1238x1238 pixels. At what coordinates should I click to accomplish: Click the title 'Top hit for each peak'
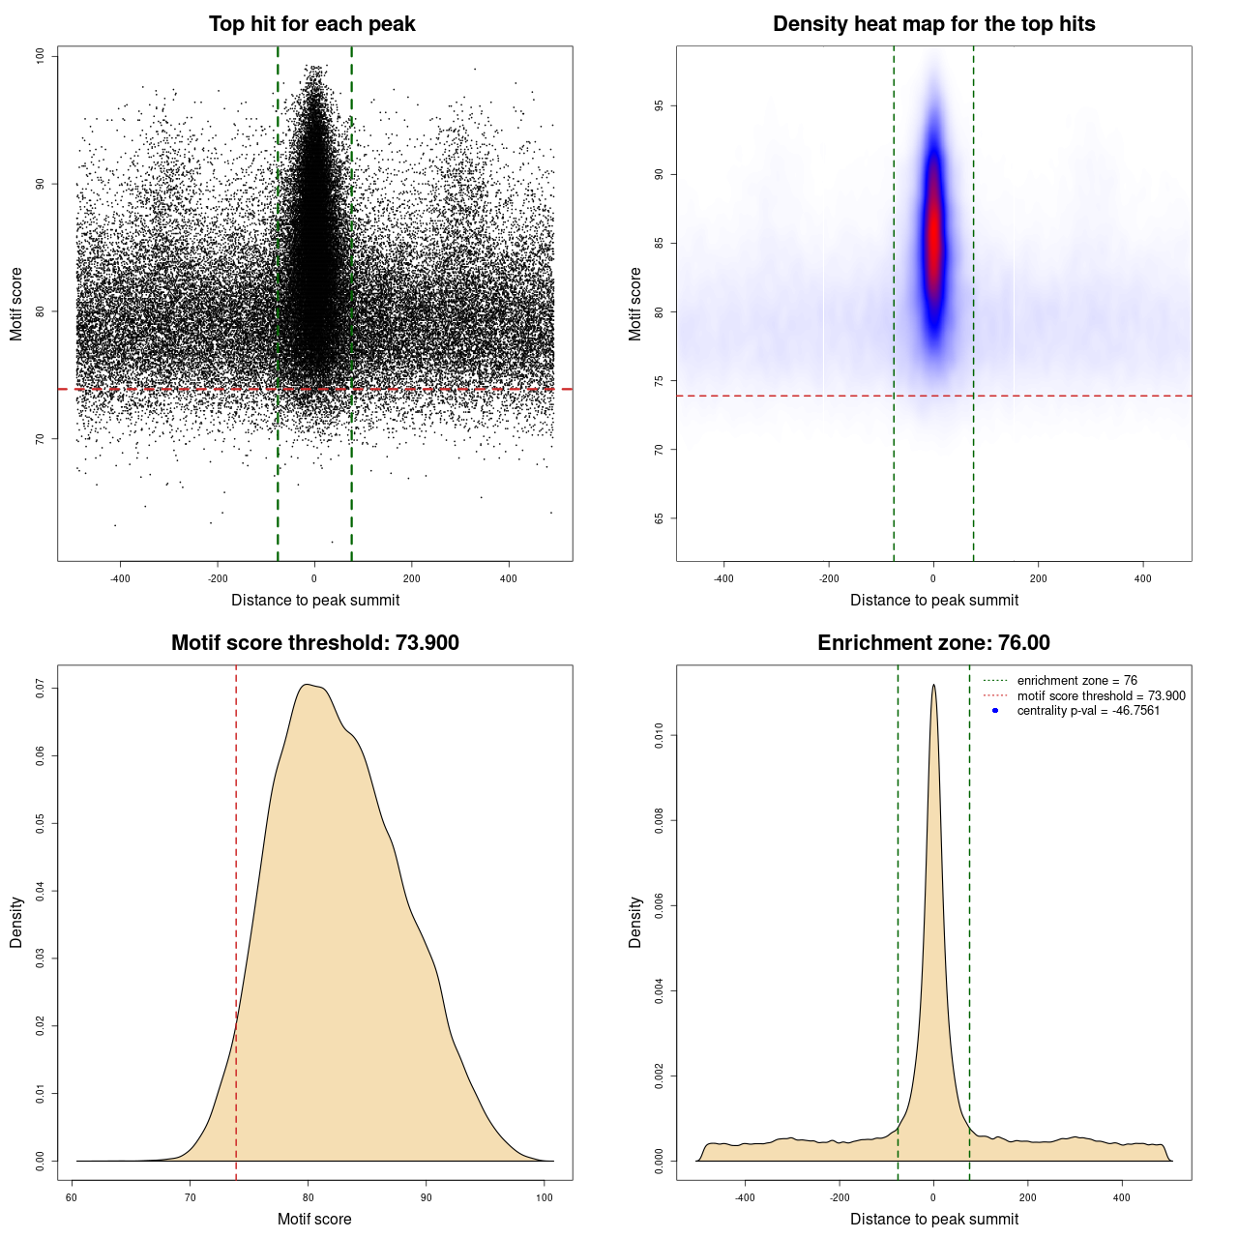tap(311, 24)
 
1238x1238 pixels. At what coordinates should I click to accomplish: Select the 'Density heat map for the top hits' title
tap(933, 24)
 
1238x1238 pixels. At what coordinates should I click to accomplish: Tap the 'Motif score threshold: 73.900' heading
tap(314, 643)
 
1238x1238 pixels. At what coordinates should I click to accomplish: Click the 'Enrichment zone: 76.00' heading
tap(933, 643)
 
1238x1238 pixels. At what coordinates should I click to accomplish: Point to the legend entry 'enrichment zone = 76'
tap(1076, 681)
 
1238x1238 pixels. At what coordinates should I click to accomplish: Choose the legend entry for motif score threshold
tap(1101, 696)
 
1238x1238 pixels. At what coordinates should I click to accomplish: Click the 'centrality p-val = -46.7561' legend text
tap(1088, 711)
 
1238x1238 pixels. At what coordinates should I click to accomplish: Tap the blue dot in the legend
tap(995, 711)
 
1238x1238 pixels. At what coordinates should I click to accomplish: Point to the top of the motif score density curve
tap(307, 685)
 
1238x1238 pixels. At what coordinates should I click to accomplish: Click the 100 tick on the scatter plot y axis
tap(41, 56)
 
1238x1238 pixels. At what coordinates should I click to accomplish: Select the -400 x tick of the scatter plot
tap(120, 579)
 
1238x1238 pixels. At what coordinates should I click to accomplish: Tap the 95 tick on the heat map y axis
tap(660, 105)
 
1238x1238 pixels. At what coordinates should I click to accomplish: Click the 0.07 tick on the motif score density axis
tap(41, 688)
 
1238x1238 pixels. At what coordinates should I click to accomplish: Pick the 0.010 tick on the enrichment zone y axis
tap(660, 736)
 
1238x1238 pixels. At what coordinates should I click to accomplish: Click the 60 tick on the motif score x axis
tap(73, 1197)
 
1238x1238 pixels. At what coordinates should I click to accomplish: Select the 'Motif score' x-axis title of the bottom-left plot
tap(314, 1219)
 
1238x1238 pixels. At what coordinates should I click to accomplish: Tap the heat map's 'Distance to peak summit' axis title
tap(933, 600)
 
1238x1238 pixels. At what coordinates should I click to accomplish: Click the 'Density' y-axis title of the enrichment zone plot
tap(635, 922)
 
